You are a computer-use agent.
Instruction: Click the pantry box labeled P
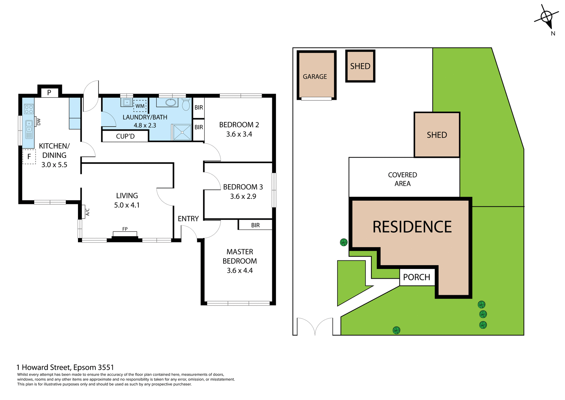(49, 92)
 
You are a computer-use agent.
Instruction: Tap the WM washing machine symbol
(140, 106)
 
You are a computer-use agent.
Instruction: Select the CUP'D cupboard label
(125, 136)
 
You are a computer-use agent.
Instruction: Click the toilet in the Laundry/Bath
(186, 105)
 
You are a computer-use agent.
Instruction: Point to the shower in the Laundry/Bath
(182, 132)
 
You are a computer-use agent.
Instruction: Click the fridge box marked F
(29, 157)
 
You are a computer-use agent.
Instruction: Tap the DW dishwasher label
(39, 122)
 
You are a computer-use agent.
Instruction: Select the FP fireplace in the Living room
(125, 233)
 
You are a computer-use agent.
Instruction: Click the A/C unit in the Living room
(84, 212)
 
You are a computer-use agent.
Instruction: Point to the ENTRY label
(188, 219)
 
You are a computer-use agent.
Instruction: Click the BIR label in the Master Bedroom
(255, 225)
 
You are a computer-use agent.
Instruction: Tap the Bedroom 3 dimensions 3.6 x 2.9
(243, 196)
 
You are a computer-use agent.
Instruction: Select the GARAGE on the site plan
(315, 77)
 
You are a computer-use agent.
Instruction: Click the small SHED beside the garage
(360, 66)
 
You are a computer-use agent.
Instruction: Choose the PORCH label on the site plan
(416, 277)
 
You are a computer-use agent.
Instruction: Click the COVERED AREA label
(402, 179)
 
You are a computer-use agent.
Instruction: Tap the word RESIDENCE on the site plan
(412, 227)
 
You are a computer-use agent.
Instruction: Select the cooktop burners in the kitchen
(29, 109)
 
